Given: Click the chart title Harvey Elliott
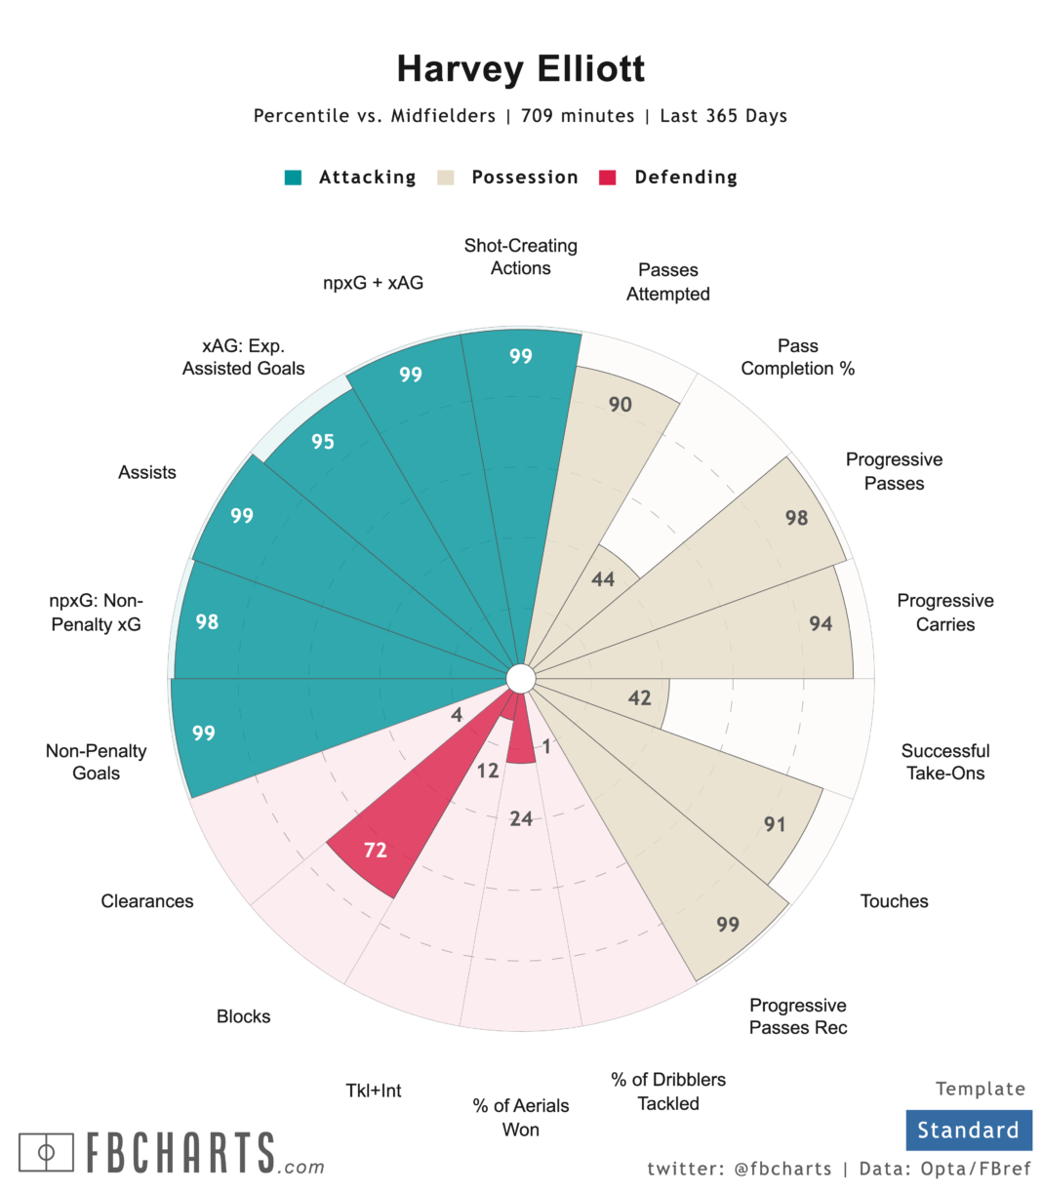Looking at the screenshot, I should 520,69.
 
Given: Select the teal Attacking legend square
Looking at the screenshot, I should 293,178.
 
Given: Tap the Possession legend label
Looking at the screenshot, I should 524,178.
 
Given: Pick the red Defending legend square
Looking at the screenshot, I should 608,178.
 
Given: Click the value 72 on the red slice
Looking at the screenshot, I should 376,851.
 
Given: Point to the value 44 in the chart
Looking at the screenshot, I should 603,579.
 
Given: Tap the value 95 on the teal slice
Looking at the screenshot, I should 323,442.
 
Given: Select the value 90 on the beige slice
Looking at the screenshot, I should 621,404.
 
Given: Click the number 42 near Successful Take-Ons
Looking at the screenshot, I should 639,697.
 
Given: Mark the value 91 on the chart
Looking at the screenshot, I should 775,824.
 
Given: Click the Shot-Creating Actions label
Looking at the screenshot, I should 520,257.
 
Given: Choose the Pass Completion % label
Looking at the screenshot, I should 797,357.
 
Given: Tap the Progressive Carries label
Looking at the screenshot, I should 944,613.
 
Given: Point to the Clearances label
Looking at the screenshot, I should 147,901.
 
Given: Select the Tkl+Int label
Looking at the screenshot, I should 374,1091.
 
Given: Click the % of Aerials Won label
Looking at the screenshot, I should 520,1117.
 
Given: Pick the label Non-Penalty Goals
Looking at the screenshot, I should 96,762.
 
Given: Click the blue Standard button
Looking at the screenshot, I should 968,1131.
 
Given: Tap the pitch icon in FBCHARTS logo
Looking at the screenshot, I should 46,1152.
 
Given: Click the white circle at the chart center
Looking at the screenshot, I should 521,679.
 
